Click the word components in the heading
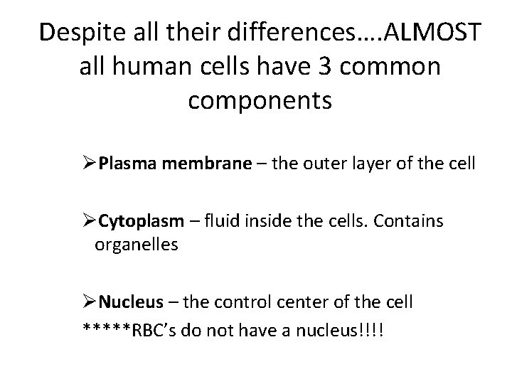260,101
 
